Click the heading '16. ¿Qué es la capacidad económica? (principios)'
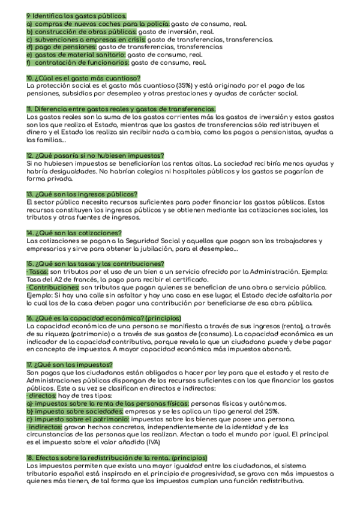(112, 318)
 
